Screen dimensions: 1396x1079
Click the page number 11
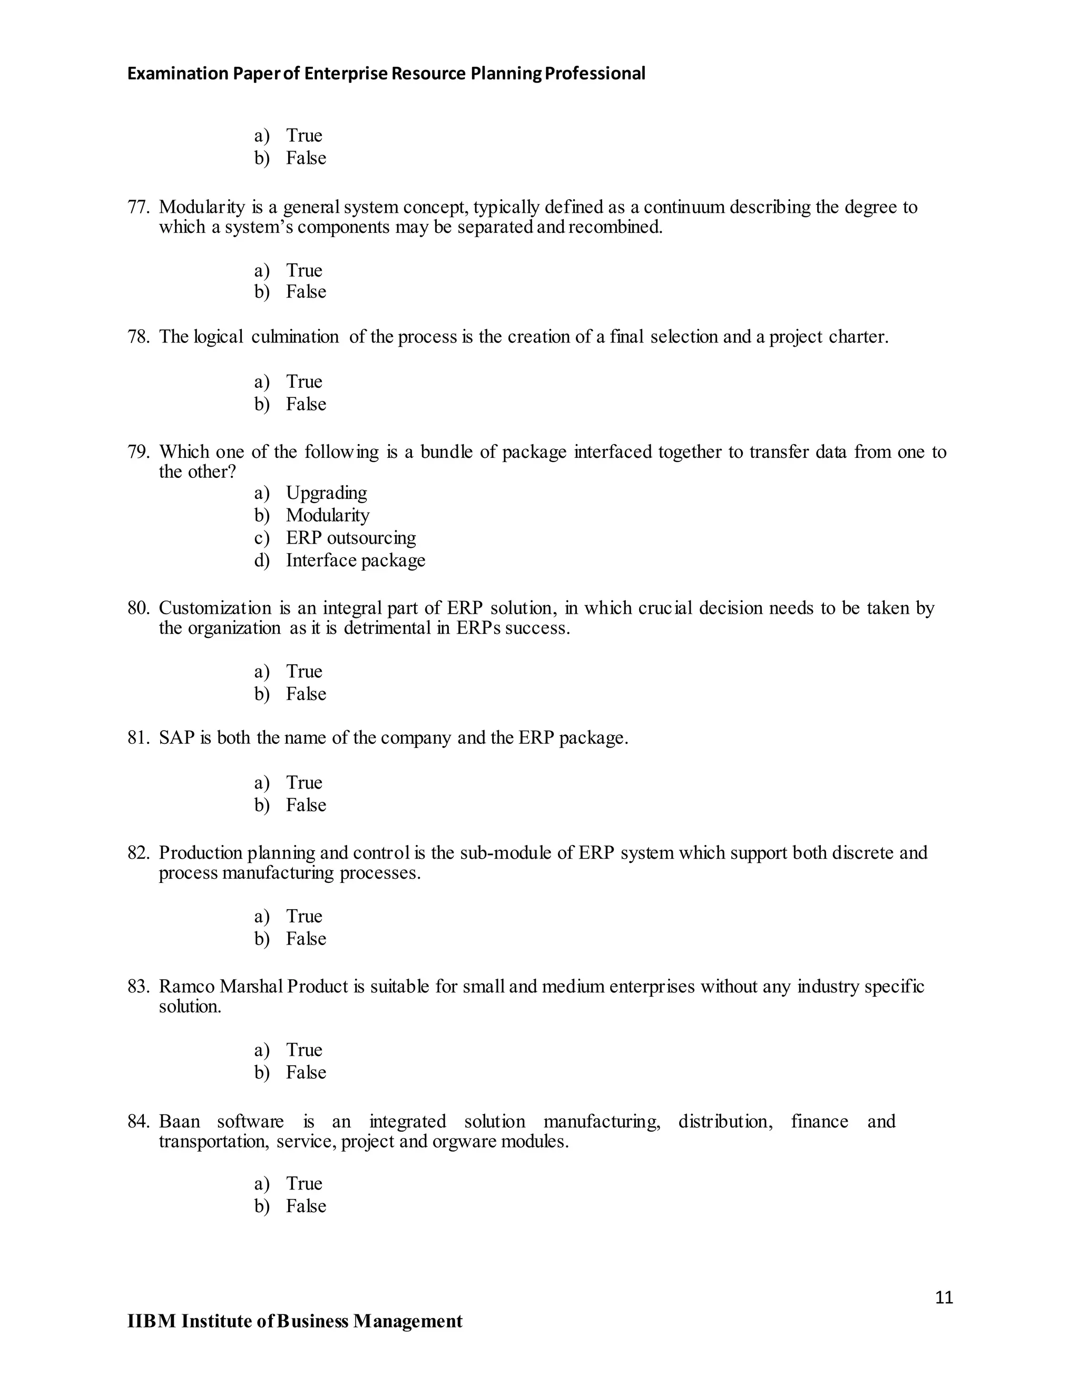pos(944,1297)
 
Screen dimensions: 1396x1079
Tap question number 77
pos(138,207)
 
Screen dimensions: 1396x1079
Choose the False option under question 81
pos(306,805)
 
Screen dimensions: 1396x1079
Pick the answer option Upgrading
pos(326,493)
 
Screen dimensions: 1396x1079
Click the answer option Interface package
pos(356,560)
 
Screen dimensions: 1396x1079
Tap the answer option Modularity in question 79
pos(327,515)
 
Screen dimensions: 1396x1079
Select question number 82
pos(138,853)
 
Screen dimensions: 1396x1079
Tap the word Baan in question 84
pos(179,1121)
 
